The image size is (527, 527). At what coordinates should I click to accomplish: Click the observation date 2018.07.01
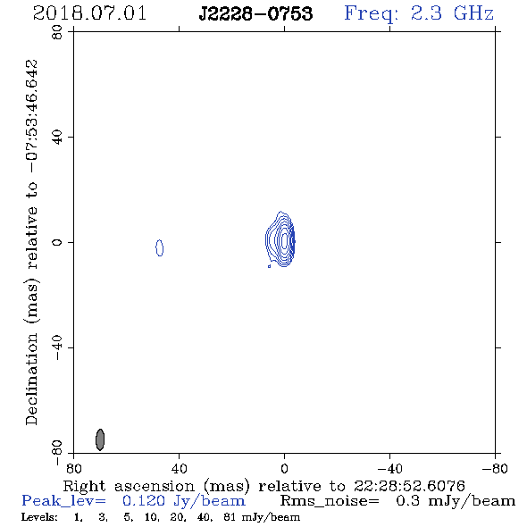(89, 13)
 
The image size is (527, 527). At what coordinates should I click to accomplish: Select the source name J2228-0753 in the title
(255, 13)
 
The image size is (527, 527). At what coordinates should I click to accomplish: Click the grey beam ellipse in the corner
(100, 439)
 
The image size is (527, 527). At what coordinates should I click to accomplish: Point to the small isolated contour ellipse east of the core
(159, 247)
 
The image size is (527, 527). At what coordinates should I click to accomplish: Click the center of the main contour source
(284, 240)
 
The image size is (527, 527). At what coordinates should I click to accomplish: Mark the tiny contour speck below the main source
(269, 266)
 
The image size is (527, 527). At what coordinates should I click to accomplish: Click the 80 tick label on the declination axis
(57, 32)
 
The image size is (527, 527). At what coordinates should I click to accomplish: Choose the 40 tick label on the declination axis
(57, 138)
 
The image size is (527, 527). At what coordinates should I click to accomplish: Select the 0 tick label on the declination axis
(57, 242)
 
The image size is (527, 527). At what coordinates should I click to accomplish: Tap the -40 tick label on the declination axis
(57, 347)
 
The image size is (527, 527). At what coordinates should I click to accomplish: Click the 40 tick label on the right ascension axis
(179, 469)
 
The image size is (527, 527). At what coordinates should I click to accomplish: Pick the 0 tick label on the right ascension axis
(284, 469)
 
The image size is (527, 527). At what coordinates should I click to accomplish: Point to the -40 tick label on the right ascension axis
(389, 469)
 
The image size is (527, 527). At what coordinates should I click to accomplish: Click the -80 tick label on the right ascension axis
(495, 469)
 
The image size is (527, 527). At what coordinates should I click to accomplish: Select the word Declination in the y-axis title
(31, 380)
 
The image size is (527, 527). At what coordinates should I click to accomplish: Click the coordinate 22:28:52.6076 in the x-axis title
(409, 486)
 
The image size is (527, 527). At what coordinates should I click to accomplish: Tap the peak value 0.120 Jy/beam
(184, 501)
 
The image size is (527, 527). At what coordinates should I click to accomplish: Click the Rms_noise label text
(330, 501)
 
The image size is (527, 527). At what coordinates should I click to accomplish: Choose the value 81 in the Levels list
(229, 517)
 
